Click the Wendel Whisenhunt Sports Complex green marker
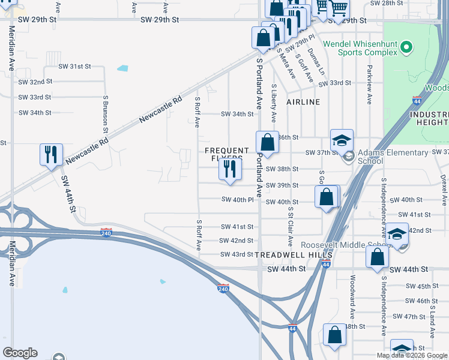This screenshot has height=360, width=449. pos(406,47)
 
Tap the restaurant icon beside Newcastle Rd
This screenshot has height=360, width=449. pos(51,154)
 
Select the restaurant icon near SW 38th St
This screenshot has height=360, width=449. pos(230,170)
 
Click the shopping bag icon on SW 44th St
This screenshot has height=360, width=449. pos(378,256)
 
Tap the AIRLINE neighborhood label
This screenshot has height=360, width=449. pos(303,102)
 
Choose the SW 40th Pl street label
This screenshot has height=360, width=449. pos(237,199)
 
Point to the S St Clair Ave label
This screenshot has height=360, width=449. pos(290,227)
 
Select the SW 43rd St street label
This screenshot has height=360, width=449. pos(237,254)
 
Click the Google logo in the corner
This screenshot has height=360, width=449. pos(20,353)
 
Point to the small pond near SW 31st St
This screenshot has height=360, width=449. pos(123,68)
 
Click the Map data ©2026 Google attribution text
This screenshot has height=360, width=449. pos(411,355)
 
